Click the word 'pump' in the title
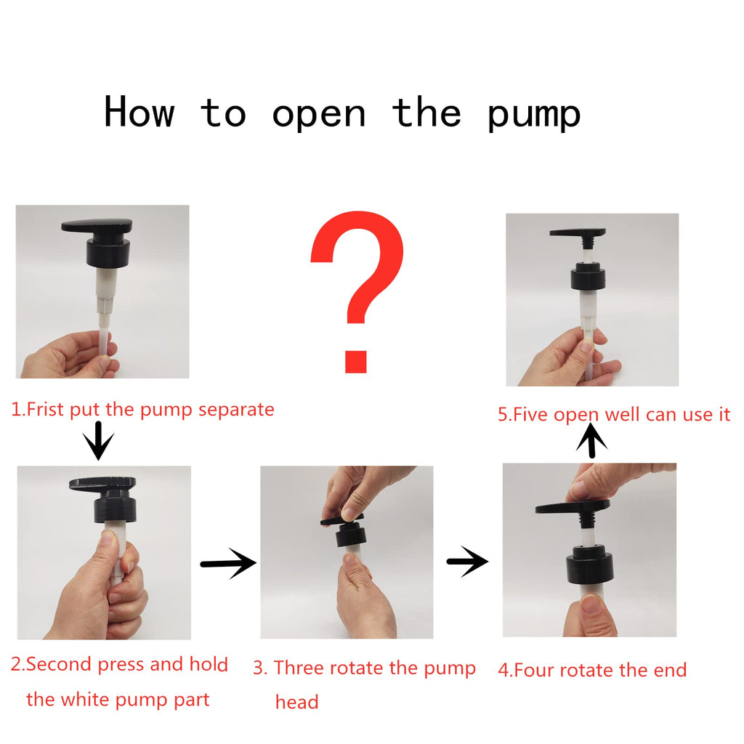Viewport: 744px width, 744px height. point(534,114)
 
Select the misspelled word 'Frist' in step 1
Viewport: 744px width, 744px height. point(44,409)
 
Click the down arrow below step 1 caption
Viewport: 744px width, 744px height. point(98,441)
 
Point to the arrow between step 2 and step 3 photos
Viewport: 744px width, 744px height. point(228,563)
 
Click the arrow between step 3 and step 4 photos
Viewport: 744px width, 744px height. point(467,562)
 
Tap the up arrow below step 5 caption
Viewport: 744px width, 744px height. point(591,441)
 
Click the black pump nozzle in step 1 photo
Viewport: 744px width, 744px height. point(97,226)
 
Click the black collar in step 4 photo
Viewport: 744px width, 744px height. point(590,565)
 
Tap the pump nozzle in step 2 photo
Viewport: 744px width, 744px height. point(102,484)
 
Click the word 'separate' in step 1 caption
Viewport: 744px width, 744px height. point(236,409)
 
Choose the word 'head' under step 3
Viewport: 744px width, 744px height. point(297,702)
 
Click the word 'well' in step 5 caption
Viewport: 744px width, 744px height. point(623,414)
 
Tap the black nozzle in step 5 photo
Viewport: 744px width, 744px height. point(578,232)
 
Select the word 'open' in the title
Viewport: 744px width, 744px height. point(318,116)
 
